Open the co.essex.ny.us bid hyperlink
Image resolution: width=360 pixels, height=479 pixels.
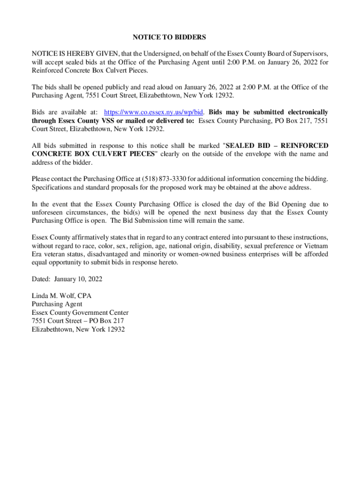click(x=153, y=112)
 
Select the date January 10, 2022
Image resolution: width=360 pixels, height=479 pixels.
click(x=78, y=279)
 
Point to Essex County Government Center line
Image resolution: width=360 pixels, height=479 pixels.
click(x=80, y=312)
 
